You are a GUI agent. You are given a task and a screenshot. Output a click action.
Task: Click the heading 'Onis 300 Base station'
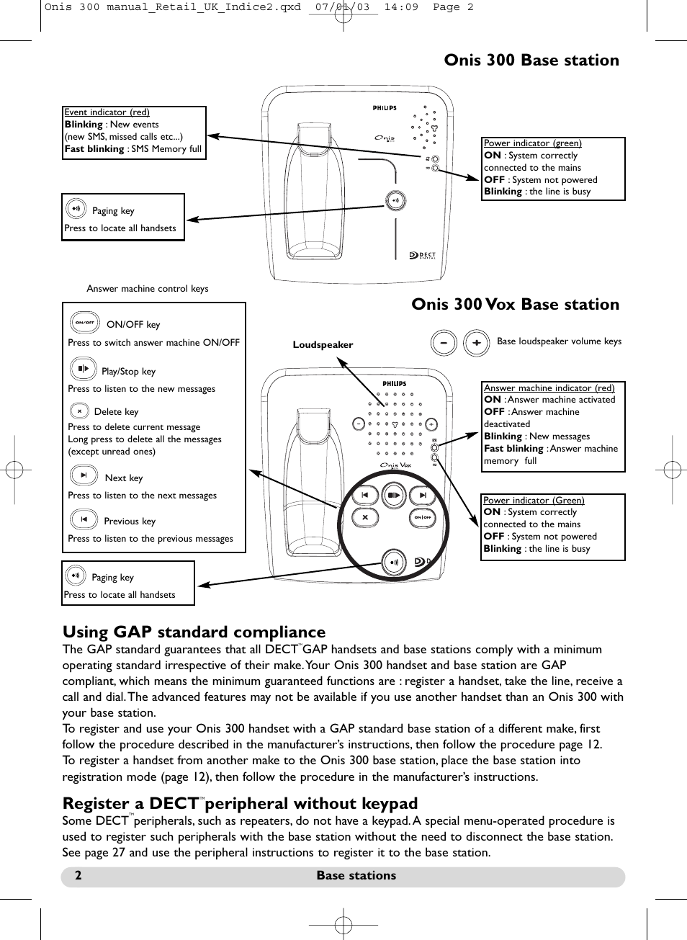pyautogui.click(x=531, y=61)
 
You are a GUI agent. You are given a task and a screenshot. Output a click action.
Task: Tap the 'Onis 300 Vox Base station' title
pyautogui.click(x=515, y=305)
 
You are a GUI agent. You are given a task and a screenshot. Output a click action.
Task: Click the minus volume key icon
pyautogui.click(x=444, y=343)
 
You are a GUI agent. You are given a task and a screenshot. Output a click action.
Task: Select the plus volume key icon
pyautogui.click(x=476, y=343)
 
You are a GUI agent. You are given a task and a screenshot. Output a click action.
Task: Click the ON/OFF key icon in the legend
pyautogui.click(x=84, y=323)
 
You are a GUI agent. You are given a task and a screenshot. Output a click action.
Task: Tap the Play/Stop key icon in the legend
pyautogui.click(x=83, y=369)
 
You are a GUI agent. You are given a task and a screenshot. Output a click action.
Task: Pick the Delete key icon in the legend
pyautogui.click(x=79, y=411)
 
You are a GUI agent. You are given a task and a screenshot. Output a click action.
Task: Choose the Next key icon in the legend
pyautogui.click(x=84, y=475)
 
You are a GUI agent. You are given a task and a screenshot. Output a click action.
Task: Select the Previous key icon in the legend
pyautogui.click(x=84, y=519)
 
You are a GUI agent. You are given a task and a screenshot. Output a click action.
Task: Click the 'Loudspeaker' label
pyautogui.click(x=323, y=345)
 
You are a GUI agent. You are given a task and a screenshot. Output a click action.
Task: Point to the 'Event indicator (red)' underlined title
pyautogui.click(x=107, y=112)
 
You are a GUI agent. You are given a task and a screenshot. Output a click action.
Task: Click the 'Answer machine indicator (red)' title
pyautogui.click(x=549, y=388)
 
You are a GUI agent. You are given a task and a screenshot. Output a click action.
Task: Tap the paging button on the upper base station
pyautogui.click(x=395, y=200)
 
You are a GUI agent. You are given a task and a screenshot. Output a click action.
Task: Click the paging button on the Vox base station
pyautogui.click(x=393, y=562)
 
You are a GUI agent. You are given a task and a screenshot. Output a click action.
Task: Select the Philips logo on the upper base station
pyautogui.click(x=385, y=108)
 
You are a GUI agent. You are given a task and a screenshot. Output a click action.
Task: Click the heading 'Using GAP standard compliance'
pyautogui.click(x=194, y=632)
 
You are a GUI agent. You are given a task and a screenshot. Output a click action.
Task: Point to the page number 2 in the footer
pyautogui.click(x=78, y=876)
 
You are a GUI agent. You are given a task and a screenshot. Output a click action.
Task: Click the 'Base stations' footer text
pyautogui.click(x=356, y=876)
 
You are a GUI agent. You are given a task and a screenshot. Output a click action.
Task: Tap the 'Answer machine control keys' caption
pyautogui.click(x=147, y=289)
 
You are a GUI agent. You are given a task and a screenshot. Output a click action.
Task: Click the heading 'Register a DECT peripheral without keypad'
pyautogui.click(x=240, y=804)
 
